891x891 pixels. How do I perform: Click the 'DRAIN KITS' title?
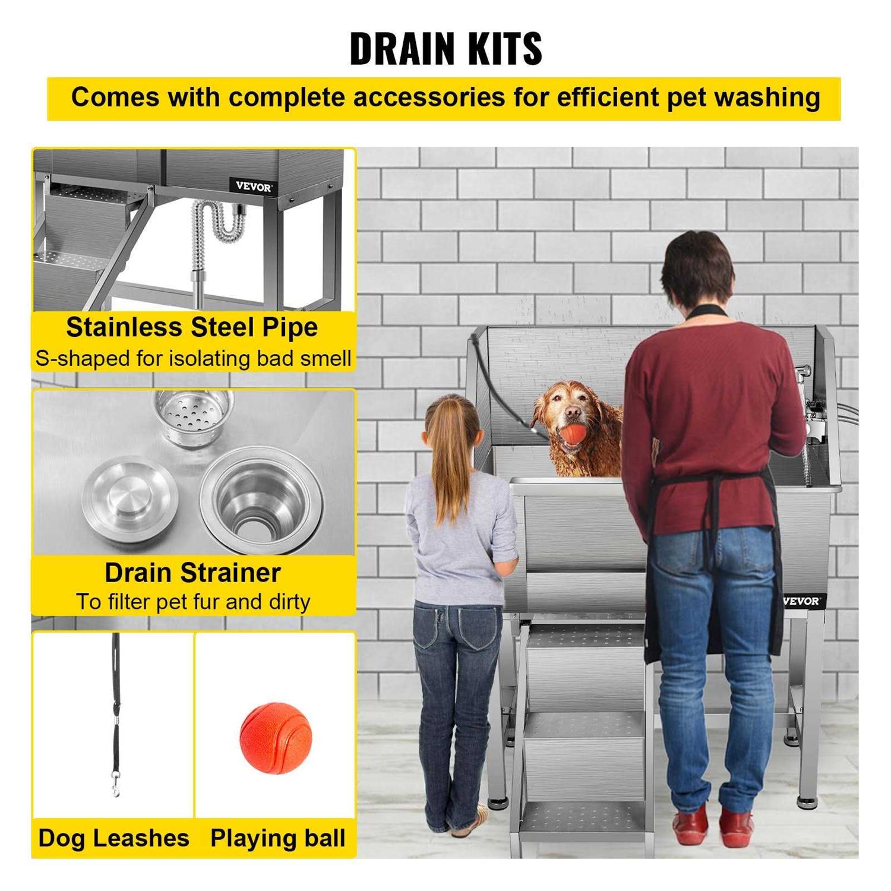(x=445, y=48)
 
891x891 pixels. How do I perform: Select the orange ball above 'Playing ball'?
(x=276, y=737)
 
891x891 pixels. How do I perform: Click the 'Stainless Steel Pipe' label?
(x=192, y=327)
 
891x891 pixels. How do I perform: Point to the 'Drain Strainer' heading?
(x=192, y=573)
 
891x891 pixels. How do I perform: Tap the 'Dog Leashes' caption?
(x=113, y=838)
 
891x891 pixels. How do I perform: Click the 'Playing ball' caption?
(x=277, y=838)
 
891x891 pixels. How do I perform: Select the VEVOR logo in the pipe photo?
(x=254, y=186)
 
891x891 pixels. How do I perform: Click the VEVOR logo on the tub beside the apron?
(x=801, y=601)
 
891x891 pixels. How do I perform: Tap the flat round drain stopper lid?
(x=130, y=496)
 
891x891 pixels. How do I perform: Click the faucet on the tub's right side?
(x=811, y=410)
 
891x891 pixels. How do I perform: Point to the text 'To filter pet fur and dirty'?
(x=192, y=602)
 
